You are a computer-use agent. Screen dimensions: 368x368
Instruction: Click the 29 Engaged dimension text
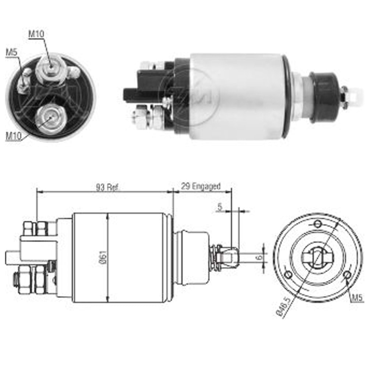[200, 186]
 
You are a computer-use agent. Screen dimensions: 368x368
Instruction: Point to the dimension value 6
[260, 258]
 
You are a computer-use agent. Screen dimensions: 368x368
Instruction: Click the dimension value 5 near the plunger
[220, 207]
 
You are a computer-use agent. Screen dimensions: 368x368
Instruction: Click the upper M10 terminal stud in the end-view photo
[49, 68]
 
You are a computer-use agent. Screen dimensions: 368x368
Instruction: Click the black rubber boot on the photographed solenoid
[323, 96]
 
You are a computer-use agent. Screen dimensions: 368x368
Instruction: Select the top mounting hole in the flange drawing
[318, 224]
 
